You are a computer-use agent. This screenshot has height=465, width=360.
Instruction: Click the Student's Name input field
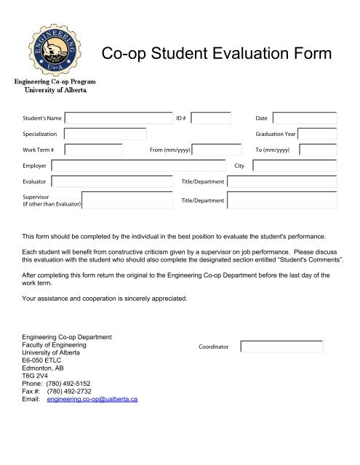click(x=119, y=118)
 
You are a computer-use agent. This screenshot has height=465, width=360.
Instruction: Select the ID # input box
click(x=212, y=118)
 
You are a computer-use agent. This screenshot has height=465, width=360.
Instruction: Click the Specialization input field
click(x=105, y=134)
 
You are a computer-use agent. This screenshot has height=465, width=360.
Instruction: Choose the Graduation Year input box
click(x=318, y=134)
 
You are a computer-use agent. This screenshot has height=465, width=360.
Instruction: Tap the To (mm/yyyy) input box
click(x=318, y=150)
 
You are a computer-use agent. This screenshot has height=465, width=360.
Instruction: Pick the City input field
click(x=295, y=166)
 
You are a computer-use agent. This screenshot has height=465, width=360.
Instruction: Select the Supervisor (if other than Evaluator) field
click(x=127, y=200)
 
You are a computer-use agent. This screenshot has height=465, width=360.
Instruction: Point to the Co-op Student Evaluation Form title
click(x=216, y=54)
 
